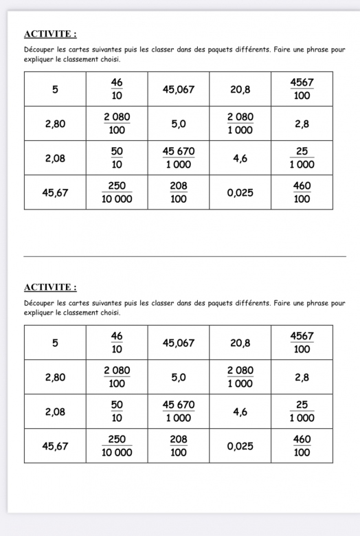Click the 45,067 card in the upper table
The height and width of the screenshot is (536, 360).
click(x=178, y=89)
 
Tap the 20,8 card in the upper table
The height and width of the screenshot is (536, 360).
click(x=240, y=89)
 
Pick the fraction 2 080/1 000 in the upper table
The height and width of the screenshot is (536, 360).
click(x=240, y=123)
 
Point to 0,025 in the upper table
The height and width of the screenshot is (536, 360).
click(x=240, y=193)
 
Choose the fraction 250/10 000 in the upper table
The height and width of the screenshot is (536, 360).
click(x=116, y=193)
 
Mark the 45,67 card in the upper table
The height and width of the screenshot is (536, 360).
click(x=54, y=193)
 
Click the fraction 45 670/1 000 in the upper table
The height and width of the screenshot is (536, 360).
click(x=178, y=158)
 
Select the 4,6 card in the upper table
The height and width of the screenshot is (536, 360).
click(x=240, y=158)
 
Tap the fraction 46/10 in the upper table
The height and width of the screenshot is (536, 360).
click(x=116, y=89)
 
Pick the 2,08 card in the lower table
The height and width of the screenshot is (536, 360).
click(x=54, y=412)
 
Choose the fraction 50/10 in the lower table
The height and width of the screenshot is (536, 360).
click(x=116, y=412)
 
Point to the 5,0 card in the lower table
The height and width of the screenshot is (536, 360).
click(x=178, y=377)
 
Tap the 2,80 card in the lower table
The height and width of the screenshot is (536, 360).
click(x=54, y=377)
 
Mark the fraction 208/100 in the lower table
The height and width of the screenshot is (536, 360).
click(x=178, y=445)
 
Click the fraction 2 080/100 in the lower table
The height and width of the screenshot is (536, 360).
click(x=116, y=377)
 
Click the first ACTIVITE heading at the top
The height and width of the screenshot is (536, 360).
click(x=50, y=34)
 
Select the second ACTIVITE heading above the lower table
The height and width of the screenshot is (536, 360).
click(x=50, y=287)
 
